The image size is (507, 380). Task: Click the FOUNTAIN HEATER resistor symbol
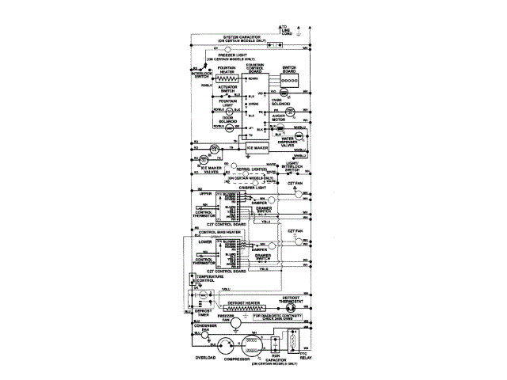[x=229, y=80]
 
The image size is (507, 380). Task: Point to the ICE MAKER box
[x=258, y=147]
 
